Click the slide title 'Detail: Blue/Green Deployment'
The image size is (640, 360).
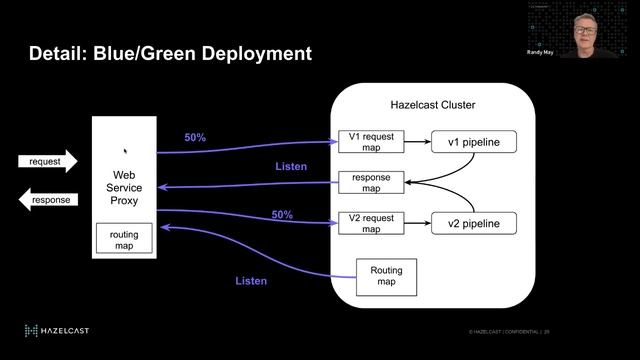(170, 53)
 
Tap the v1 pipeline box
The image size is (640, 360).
(473, 143)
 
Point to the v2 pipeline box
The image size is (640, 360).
(473, 222)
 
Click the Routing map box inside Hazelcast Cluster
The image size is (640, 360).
(386, 276)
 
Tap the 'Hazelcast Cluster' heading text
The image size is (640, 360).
(432, 105)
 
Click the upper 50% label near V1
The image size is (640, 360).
(195, 137)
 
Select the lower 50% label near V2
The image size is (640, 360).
(283, 215)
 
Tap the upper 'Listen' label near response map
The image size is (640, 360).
(291, 166)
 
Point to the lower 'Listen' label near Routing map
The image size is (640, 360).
(251, 281)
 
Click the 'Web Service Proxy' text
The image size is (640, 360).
(124, 187)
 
